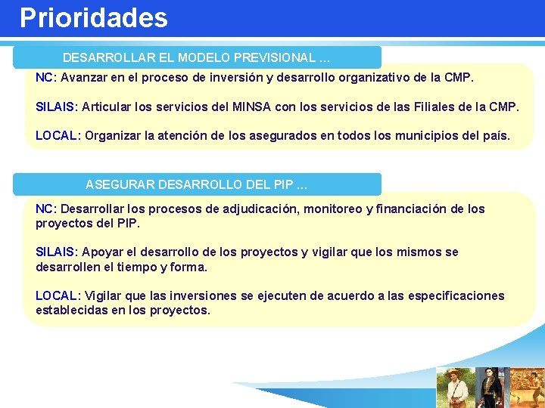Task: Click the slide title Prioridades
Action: tap(93, 18)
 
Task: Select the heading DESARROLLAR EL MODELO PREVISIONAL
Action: tap(196, 57)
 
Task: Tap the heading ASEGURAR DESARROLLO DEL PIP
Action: tap(196, 184)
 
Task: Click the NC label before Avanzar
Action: tap(44, 78)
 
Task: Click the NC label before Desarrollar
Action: tap(44, 209)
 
